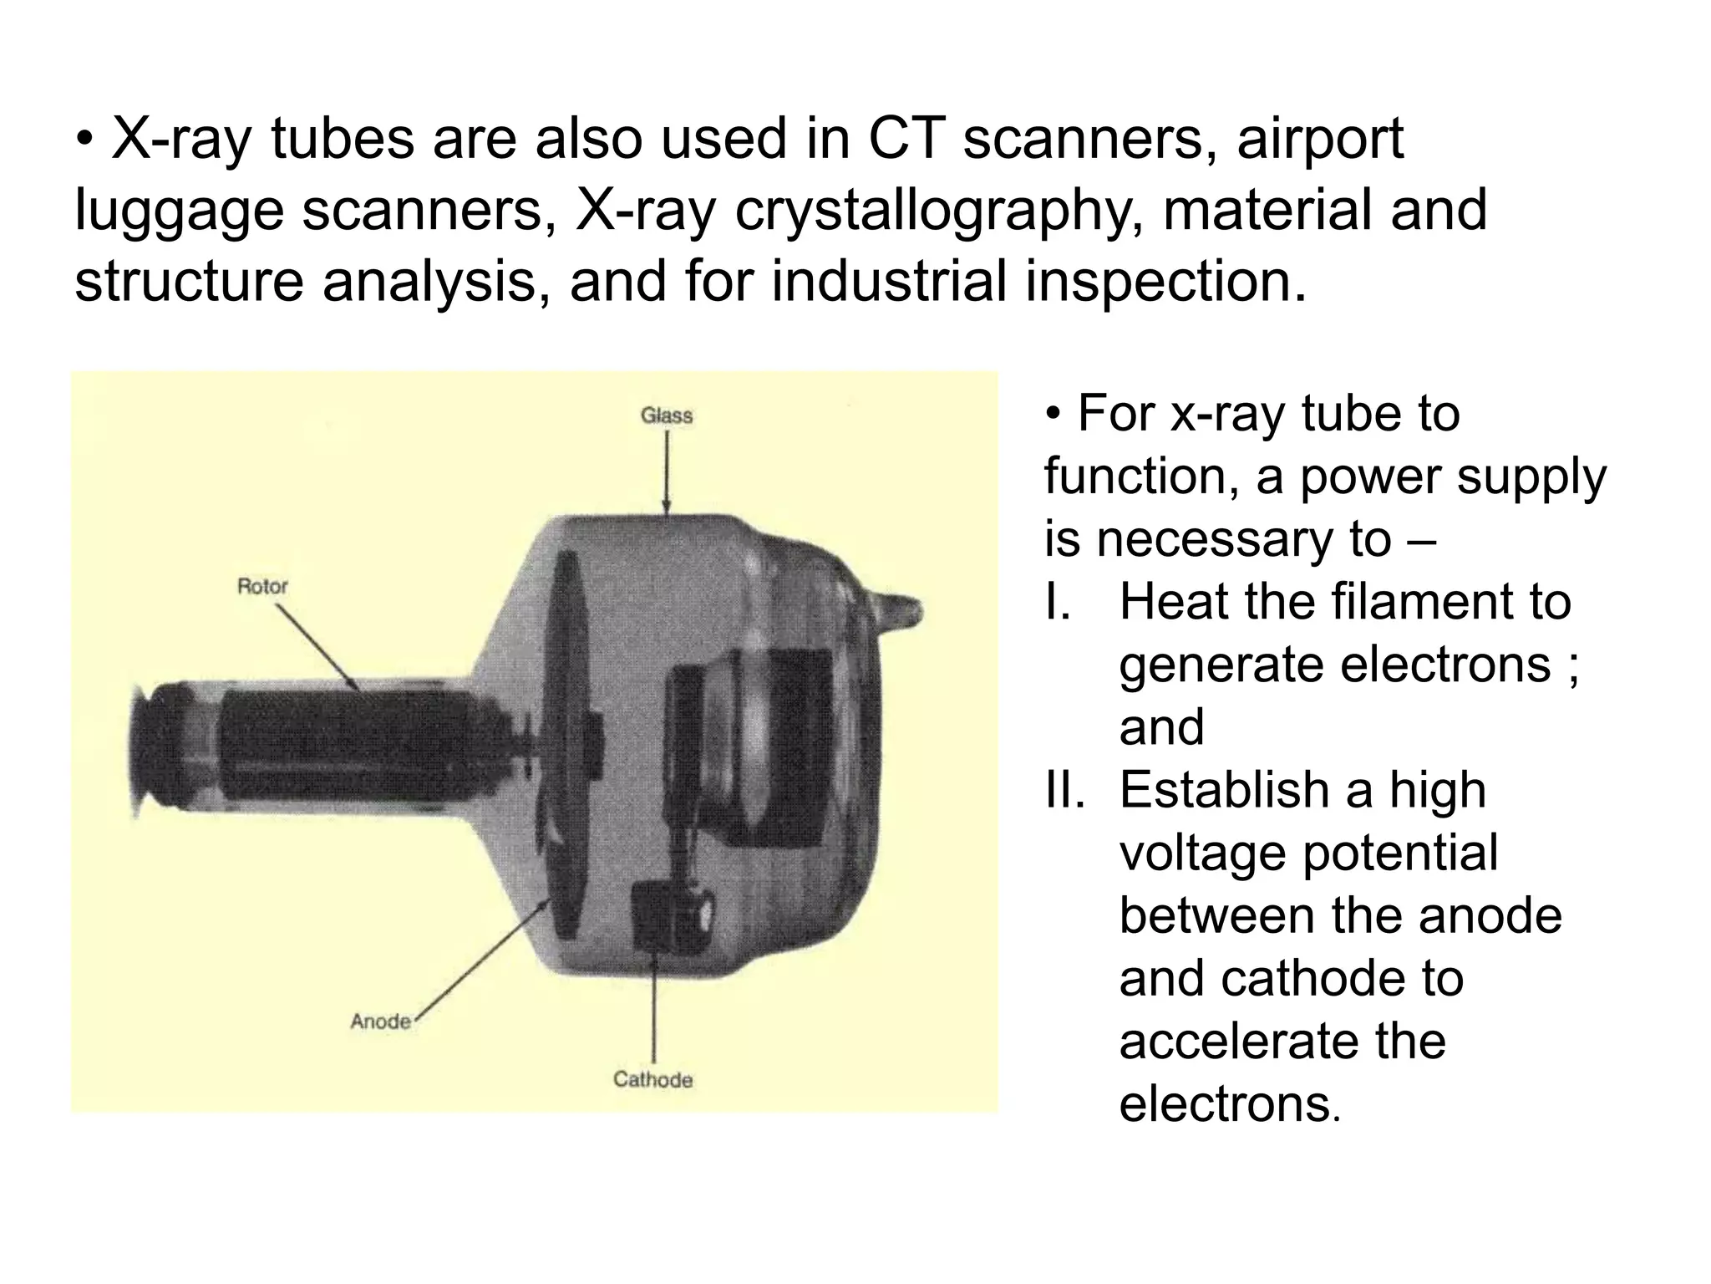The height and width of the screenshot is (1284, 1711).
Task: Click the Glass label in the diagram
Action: [x=666, y=415]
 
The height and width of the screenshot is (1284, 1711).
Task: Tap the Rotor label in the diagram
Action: [x=262, y=586]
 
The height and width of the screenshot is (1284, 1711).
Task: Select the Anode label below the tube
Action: [x=380, y=1022]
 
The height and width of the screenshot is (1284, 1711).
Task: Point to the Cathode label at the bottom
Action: [x=652, y=1079]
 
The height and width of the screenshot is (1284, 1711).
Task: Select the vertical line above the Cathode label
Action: [x=653, y=1011]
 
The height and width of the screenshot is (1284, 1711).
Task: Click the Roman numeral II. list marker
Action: [x=1064, y=790]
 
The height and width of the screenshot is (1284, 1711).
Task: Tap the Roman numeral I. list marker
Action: [x=1057, y=602]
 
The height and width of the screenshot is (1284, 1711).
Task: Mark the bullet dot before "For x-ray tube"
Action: [x=1054, y=415]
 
